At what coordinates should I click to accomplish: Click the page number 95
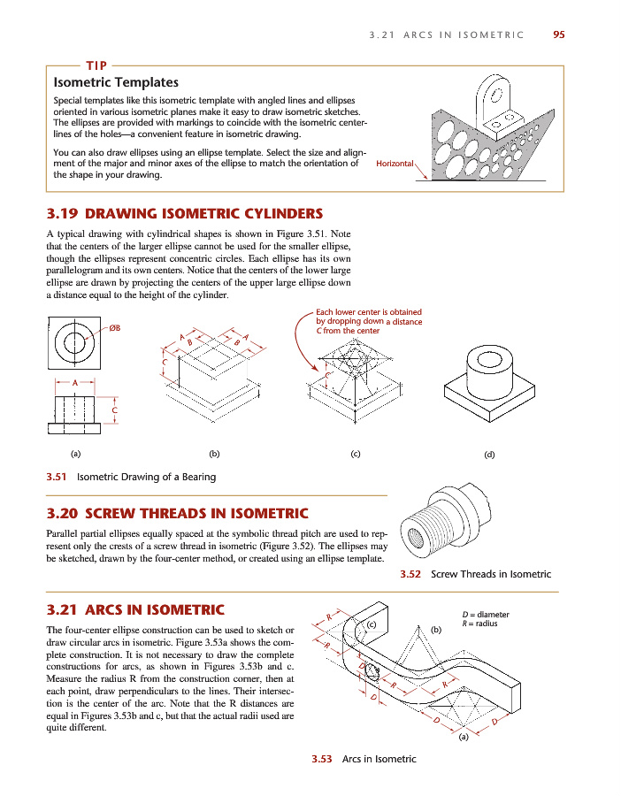pyautogui.click(x=558, y=35)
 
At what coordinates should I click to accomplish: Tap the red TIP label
pyautogui.click(x=96, y=65)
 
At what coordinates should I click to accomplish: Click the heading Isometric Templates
pyautogui.click(x=116, y=83)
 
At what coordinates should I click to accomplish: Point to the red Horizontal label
pyautogui.click(x=395, y=164)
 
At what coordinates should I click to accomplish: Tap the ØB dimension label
pyautogui.click(x=114, y=329)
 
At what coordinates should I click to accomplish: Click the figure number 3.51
pyautogui.click(x=58, y=477)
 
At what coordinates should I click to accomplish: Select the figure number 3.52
pyautogui.click(x=410, y=574)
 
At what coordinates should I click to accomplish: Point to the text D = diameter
pyautogui.click(x=486, y=615)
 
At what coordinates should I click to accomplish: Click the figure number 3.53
pyautogui.click(x=321, y=759)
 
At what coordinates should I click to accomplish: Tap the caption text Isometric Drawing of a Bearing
pyautogui.click(x=147, y=477)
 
